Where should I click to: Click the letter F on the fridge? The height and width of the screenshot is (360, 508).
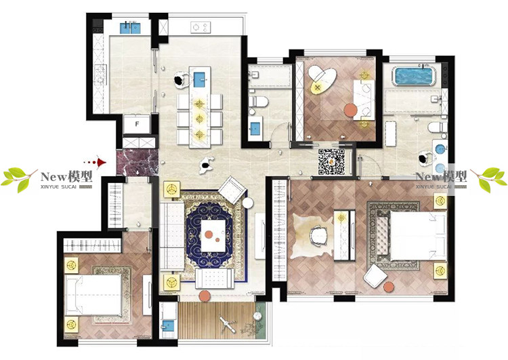pos(137,124)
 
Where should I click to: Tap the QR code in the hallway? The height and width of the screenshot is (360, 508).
pos(331,162)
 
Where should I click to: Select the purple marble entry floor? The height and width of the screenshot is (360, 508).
pos(137,163)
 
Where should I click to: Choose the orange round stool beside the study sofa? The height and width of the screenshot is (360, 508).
pos(350,110)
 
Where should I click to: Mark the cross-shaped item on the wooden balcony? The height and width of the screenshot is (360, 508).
pos(228,324)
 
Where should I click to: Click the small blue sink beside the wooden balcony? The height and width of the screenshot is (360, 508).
pos(168,325)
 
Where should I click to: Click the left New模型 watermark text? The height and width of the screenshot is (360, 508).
pos(66,177)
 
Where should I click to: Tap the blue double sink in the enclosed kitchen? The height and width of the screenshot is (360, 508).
pos(131,28)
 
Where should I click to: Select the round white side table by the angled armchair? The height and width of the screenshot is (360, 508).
pos(248,203)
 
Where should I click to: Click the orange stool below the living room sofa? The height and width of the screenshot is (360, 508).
pos(204,296)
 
